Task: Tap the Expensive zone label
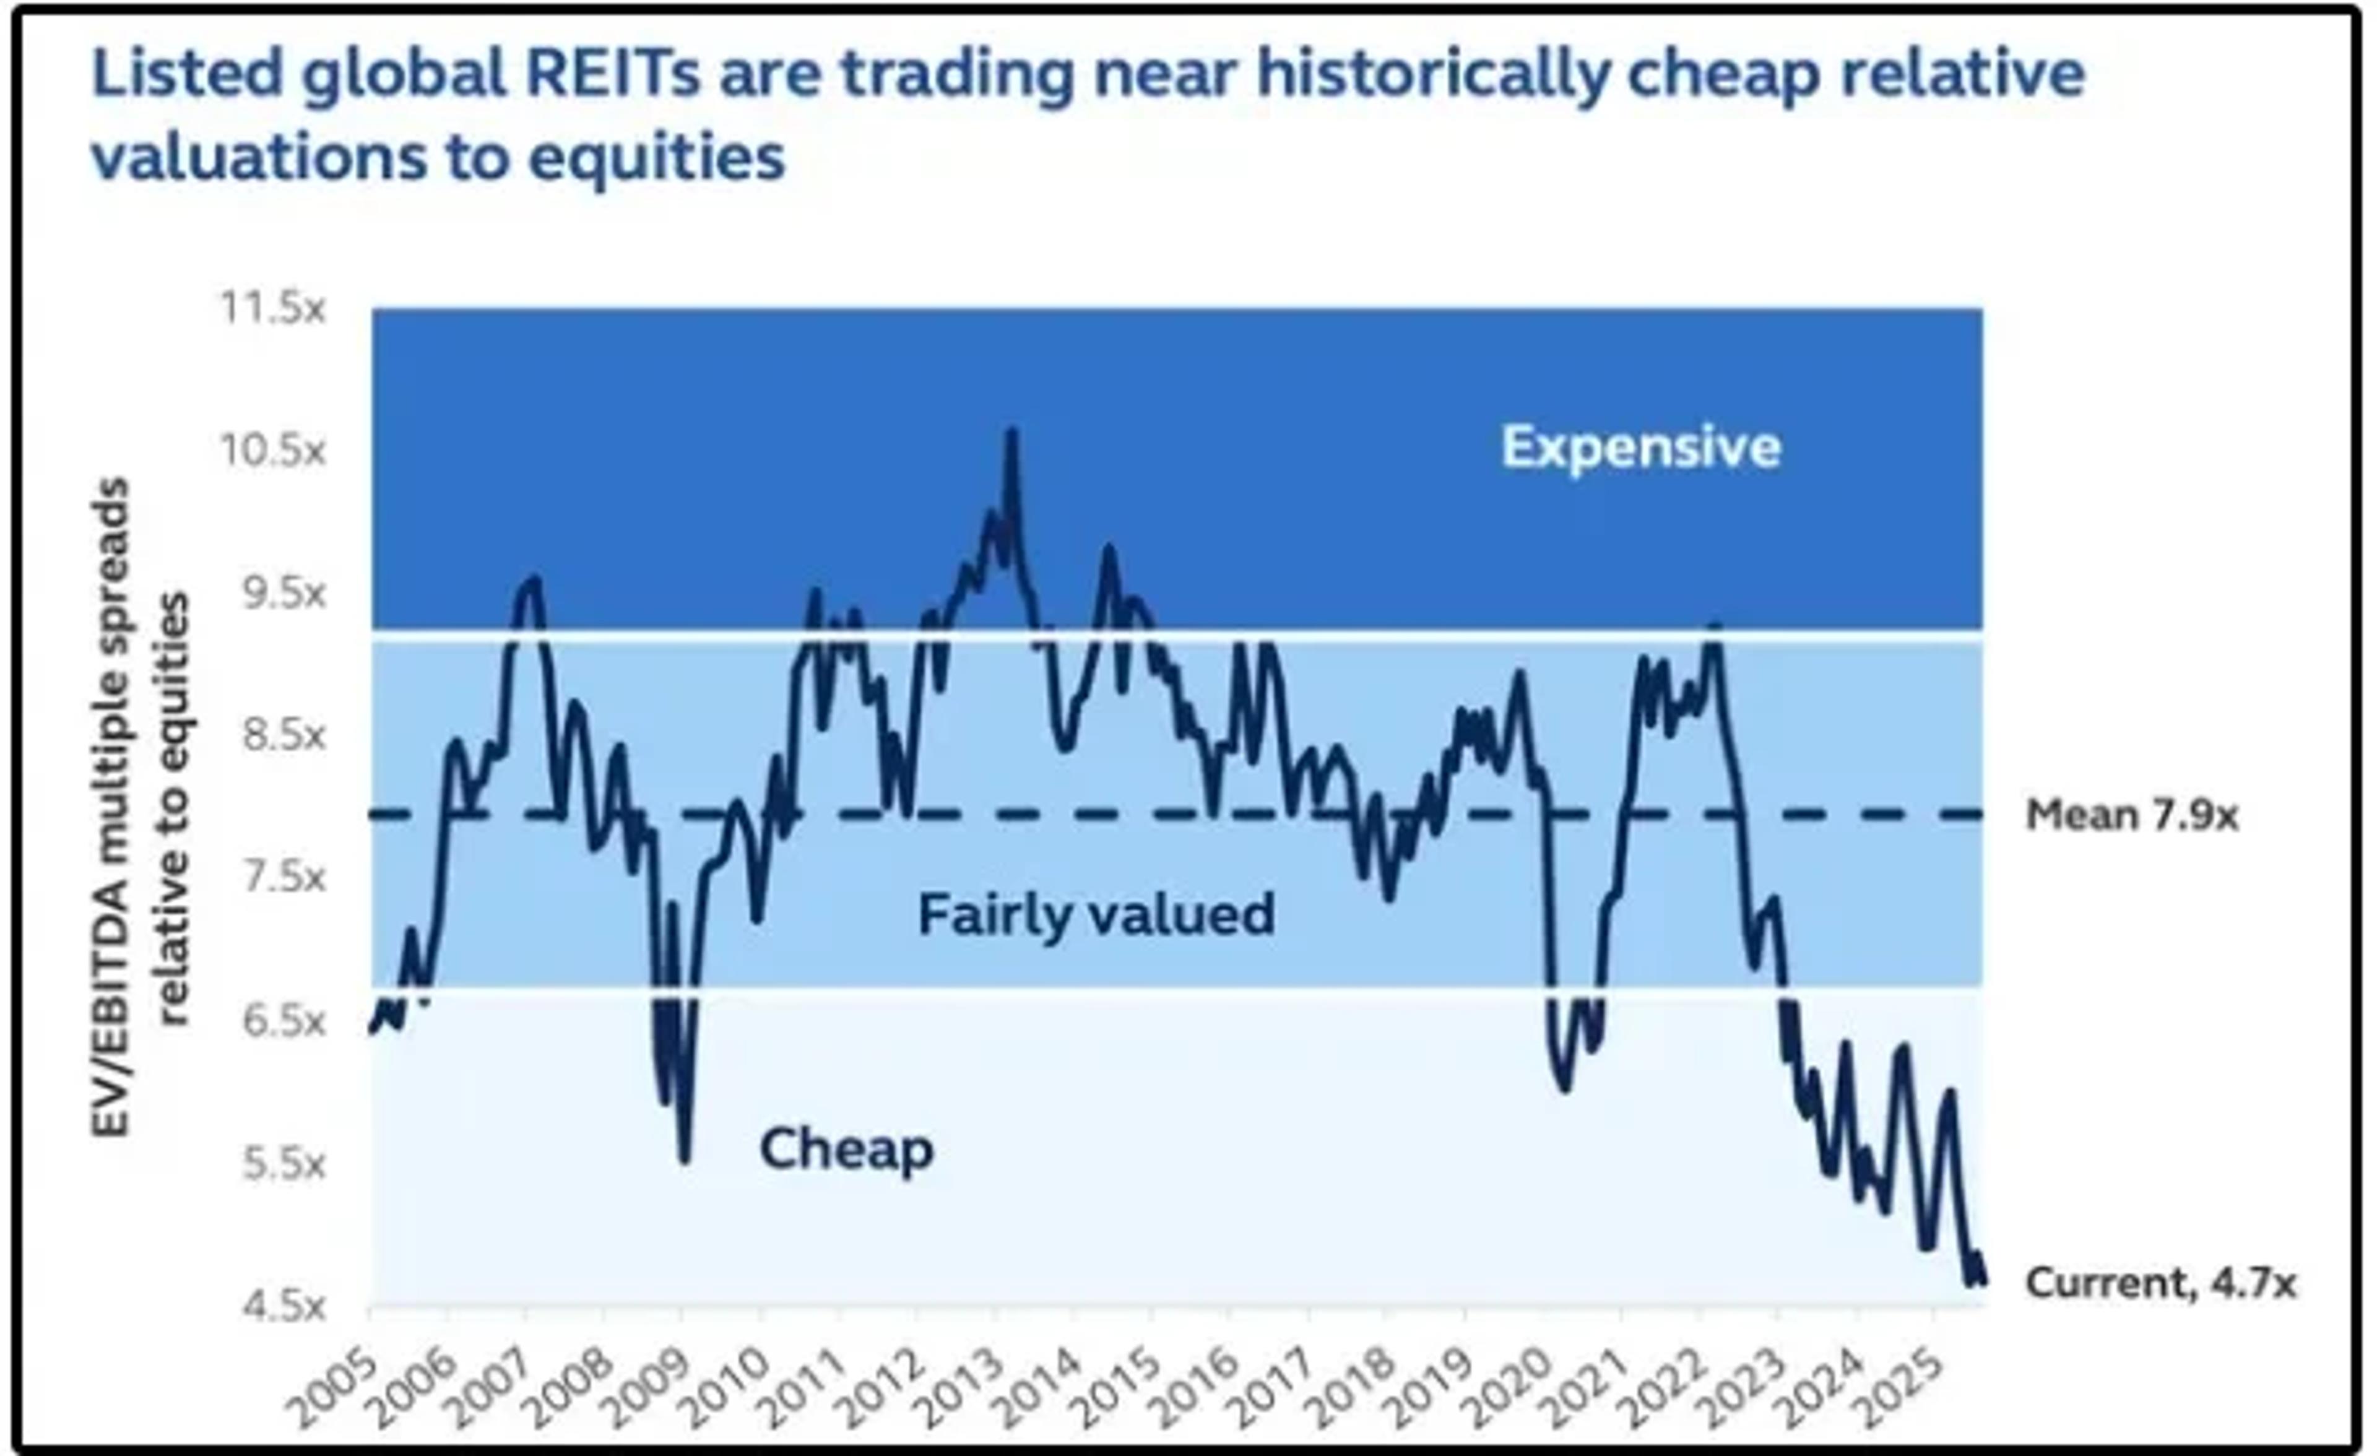(x=1640, y=447)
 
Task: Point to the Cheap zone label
(x=846, y=1148)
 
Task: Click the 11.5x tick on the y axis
(x=273, y=309)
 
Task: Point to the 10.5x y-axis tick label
(x=273, y=451)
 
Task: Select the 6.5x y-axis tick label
(x=283, y=1020)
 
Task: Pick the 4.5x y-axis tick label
(x=283, y=1306)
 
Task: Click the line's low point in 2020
(x=1564, y=1088)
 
